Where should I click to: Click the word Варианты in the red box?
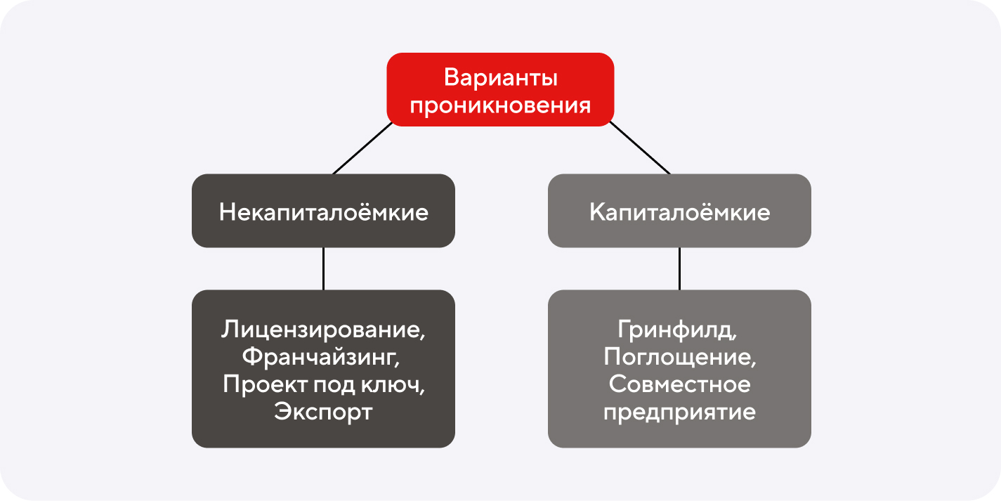500,78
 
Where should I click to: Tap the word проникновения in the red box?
500,106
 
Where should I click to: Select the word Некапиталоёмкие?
324,212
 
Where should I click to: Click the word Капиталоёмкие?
680,212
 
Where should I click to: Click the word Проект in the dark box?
265,384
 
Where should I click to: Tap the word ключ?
393,385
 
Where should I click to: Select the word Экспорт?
323,412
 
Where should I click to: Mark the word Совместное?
680,384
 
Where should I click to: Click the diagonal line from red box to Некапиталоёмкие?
362,148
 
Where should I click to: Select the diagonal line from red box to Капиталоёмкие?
640,148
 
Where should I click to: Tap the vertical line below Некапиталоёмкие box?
324,268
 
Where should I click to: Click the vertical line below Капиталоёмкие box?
680,268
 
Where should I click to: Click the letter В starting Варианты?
452,78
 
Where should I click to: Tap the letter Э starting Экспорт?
282,411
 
